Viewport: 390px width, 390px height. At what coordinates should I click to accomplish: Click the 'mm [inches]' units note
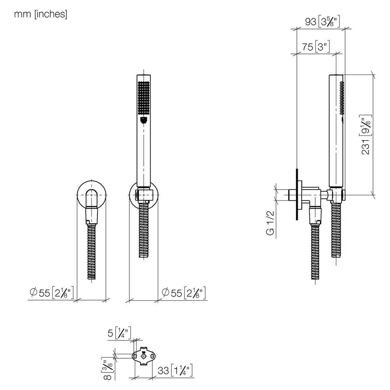click(x=41, y=14)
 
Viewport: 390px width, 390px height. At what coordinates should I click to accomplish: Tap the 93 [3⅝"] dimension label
click(x=322, y=22)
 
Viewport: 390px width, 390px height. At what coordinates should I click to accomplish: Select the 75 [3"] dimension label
click(x=316, y=47)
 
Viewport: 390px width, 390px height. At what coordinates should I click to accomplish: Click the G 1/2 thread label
click(x=270, y=223)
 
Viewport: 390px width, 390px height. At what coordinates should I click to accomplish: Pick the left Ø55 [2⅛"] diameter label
click(x=52, y=293)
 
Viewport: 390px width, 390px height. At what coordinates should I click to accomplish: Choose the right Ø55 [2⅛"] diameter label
click(x=184, y=293)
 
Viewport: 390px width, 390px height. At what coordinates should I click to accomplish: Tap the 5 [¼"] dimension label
click(x=119, y=333)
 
